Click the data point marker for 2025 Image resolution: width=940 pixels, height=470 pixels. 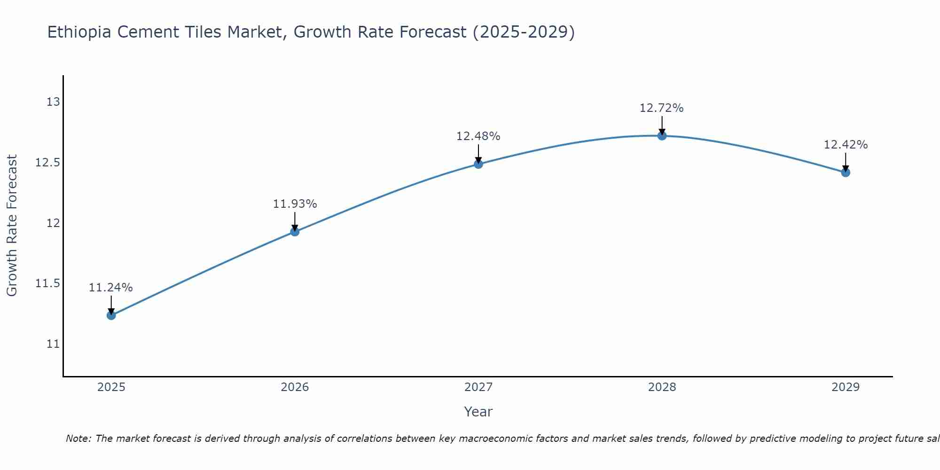pos(111,315)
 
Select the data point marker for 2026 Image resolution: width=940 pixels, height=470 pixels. pos(295,231)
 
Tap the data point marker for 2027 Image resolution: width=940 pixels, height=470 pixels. pos(478,164)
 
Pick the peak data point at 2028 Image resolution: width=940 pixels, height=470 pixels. pos(662,136)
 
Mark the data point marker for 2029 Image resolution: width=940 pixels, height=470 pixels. pos(846,172)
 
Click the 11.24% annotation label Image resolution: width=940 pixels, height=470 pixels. pos(111,288)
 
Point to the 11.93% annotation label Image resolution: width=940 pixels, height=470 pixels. pos(295,204)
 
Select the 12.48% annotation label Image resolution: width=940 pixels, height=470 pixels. pos(478,136)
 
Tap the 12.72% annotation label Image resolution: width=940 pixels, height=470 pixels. pos(662,108)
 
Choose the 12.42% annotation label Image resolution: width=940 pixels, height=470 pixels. pos(846,145)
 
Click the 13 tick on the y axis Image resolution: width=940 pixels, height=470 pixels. pos(53,102)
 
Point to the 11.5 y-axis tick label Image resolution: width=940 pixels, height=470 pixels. pos(48,283)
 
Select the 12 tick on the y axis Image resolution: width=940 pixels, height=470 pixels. pos(53,223)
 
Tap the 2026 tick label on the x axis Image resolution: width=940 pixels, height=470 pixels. pos(295,387)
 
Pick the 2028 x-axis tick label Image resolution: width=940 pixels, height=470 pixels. pos(662,387)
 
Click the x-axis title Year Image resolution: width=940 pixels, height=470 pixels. pos(478,412)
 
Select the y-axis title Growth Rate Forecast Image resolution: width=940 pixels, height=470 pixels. pos(12,226)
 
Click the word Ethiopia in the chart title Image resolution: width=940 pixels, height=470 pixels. pos(79,32)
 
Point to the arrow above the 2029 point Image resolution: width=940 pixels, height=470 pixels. pos(846,161)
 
